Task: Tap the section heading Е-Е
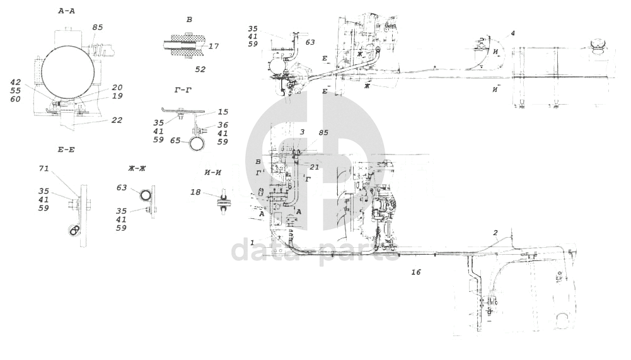click(x=67, y=149)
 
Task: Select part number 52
click(x=200, y=68)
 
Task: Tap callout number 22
click(x=117, y=120)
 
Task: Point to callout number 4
click(x=513, y=33)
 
